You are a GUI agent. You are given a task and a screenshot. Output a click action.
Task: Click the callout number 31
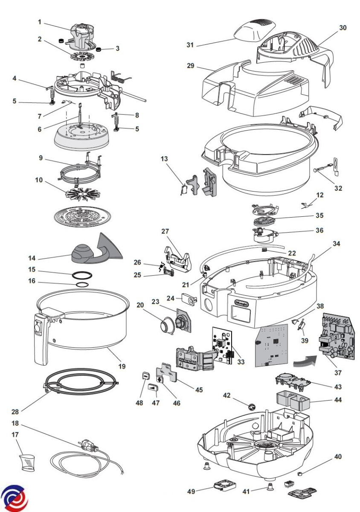pos(191,44)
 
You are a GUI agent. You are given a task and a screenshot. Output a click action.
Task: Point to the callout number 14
pos(32,259)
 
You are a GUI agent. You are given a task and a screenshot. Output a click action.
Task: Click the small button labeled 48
pos(146,375)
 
